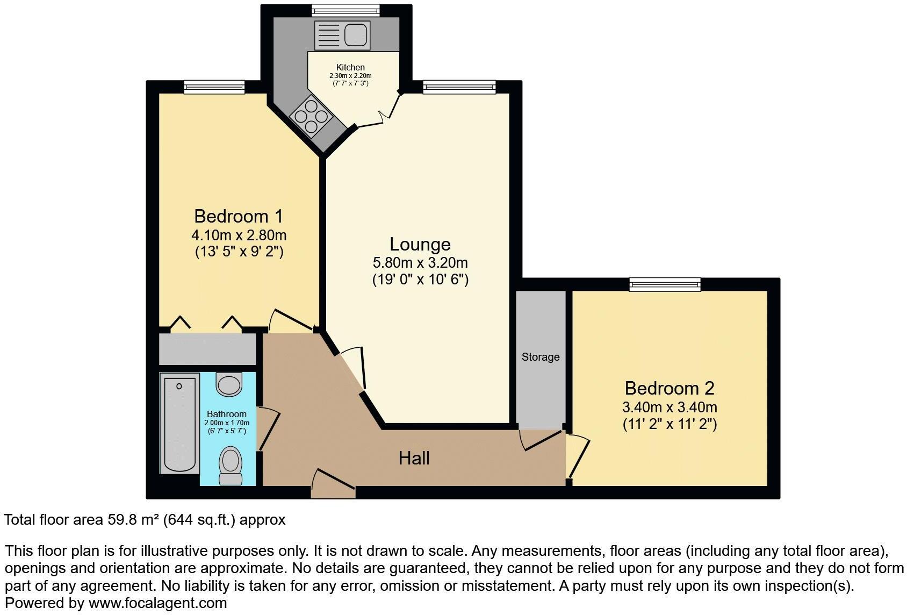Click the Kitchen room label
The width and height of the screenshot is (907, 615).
pyautogui.click(x=350, y=67)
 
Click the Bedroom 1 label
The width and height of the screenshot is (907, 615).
pyautogui.click(x=238, y=216)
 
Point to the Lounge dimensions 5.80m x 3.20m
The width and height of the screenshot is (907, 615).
pyautogui.click(x=420, y=263)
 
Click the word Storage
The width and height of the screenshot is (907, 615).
pyautogui.click(x=541, y=357)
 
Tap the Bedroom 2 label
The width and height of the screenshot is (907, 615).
pyautogui.click(x=670, y=388)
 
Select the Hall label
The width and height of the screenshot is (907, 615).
pyautogui.click(x=414, y=458)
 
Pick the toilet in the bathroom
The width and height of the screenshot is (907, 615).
pyautogui.click(x=231, y=466)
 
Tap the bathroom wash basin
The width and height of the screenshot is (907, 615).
pyautogui.click(x=229, y=384)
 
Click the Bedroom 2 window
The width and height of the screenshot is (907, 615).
pyautogui.click(x=665, y=284)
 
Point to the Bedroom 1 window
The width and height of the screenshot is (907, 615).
pyautogui.click(x=214, y=87)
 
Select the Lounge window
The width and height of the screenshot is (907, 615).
pyautogui.click(x=459, y=87)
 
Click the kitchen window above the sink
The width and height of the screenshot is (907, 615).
pyautogui.click(x=346, y=10)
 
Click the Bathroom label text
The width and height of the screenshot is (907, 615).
pyautogui.click(x=227, y=414)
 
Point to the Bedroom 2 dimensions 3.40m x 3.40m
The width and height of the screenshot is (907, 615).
pyautogui.click(x=670, y=407)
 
